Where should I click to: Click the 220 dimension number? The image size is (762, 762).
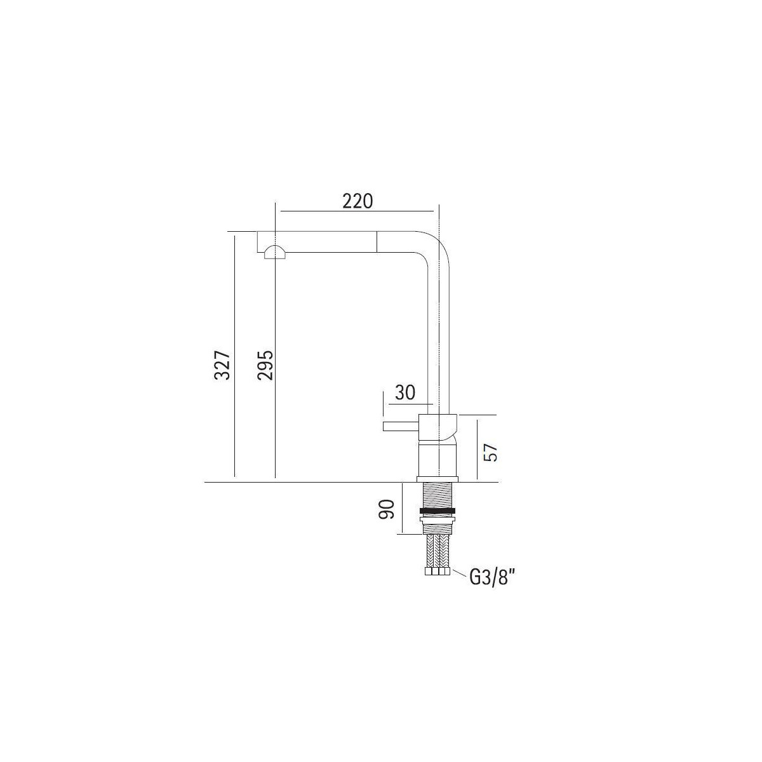tap(358, 202)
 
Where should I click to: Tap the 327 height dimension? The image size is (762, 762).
tap(222, 365)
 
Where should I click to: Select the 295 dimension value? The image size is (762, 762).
tap(265, 365)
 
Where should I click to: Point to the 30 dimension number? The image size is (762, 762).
tap(405, 392)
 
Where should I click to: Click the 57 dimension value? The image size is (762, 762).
tap(490, 452)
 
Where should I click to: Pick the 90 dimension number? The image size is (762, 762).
tap(387, 509)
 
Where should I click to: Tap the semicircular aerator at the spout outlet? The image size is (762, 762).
tap(275, 252)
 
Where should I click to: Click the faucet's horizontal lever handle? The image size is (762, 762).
tap(401, 426)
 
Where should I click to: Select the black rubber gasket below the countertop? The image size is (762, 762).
tap(437, 511)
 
